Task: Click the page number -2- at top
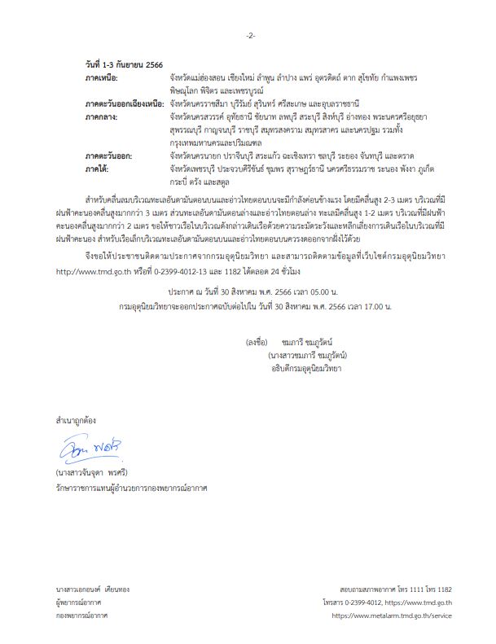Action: (x=250, y=36)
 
